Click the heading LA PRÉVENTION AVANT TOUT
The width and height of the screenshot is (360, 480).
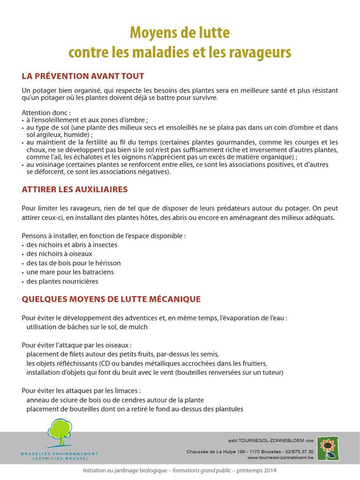click(x=83, y=76)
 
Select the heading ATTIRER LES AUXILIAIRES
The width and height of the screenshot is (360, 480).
click(x=75, y=189)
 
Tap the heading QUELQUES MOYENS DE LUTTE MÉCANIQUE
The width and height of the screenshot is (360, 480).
click(x=111, y=299)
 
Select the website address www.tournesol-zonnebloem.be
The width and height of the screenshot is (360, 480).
click(x=280, y=457)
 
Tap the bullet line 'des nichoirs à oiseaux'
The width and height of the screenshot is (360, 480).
click(x=59, y=254)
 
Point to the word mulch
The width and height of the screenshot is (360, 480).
click(x=138, y=327)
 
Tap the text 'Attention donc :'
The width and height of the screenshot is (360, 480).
click(x=46, y=113)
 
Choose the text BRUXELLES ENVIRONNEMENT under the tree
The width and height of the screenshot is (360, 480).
click(x=60, y=453)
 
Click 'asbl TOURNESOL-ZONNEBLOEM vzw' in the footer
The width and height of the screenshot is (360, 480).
click(x=271, y=441)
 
